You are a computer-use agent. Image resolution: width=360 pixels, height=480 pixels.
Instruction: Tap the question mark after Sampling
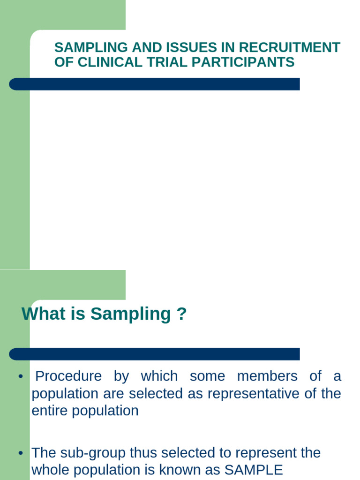pos(182,314)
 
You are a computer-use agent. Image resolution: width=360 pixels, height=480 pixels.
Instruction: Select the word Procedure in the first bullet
pos(68,376)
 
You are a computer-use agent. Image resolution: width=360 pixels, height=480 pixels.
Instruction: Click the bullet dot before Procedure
pos(21,377)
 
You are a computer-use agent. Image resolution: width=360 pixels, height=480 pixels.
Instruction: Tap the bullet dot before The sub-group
pos(21,454)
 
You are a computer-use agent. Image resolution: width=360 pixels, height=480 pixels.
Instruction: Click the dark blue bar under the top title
pos(155,84)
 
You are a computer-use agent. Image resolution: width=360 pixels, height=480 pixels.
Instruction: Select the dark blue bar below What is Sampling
pos(155,354)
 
